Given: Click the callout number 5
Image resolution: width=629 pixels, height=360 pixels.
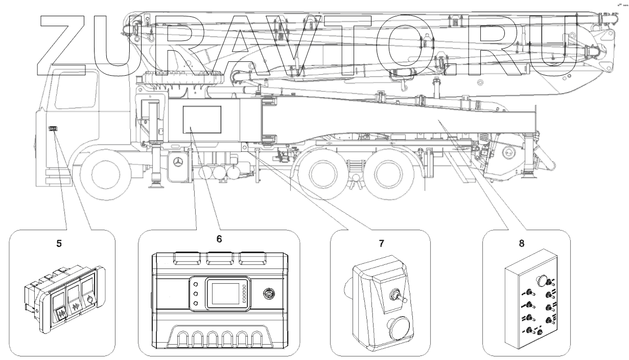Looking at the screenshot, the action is tap(59, 243).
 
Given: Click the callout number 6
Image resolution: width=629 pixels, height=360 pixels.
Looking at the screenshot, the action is tap(219, 239).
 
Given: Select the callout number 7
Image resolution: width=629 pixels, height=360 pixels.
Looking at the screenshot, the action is tap(381, 243).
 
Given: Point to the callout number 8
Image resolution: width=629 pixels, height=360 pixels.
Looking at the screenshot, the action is tap(522, 243).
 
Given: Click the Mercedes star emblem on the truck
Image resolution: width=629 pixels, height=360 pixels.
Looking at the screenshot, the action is tap(177, 162).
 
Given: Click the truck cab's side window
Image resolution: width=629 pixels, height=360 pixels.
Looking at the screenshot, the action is tap(76, 90).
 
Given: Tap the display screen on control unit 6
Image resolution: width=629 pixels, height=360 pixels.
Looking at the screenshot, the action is tap(225, 294).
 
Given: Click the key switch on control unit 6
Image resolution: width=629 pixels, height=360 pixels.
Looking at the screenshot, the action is tap(269, 294).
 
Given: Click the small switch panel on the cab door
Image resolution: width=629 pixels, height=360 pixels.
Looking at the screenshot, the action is tap(53, 129).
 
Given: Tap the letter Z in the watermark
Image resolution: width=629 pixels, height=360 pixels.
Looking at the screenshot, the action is tap(61, 45).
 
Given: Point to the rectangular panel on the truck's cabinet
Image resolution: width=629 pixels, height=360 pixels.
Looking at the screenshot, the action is tap(202, 120).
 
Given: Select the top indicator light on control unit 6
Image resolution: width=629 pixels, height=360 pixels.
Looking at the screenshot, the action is tap(196, 284).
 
